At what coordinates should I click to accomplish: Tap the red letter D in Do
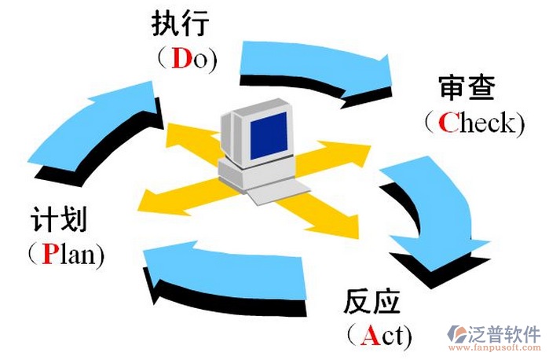tap(181, 59)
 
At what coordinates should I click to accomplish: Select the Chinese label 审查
tap(467, 88)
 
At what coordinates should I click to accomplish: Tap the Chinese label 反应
tap(371, 302)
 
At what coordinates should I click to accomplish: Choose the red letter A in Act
tap(369, 336)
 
